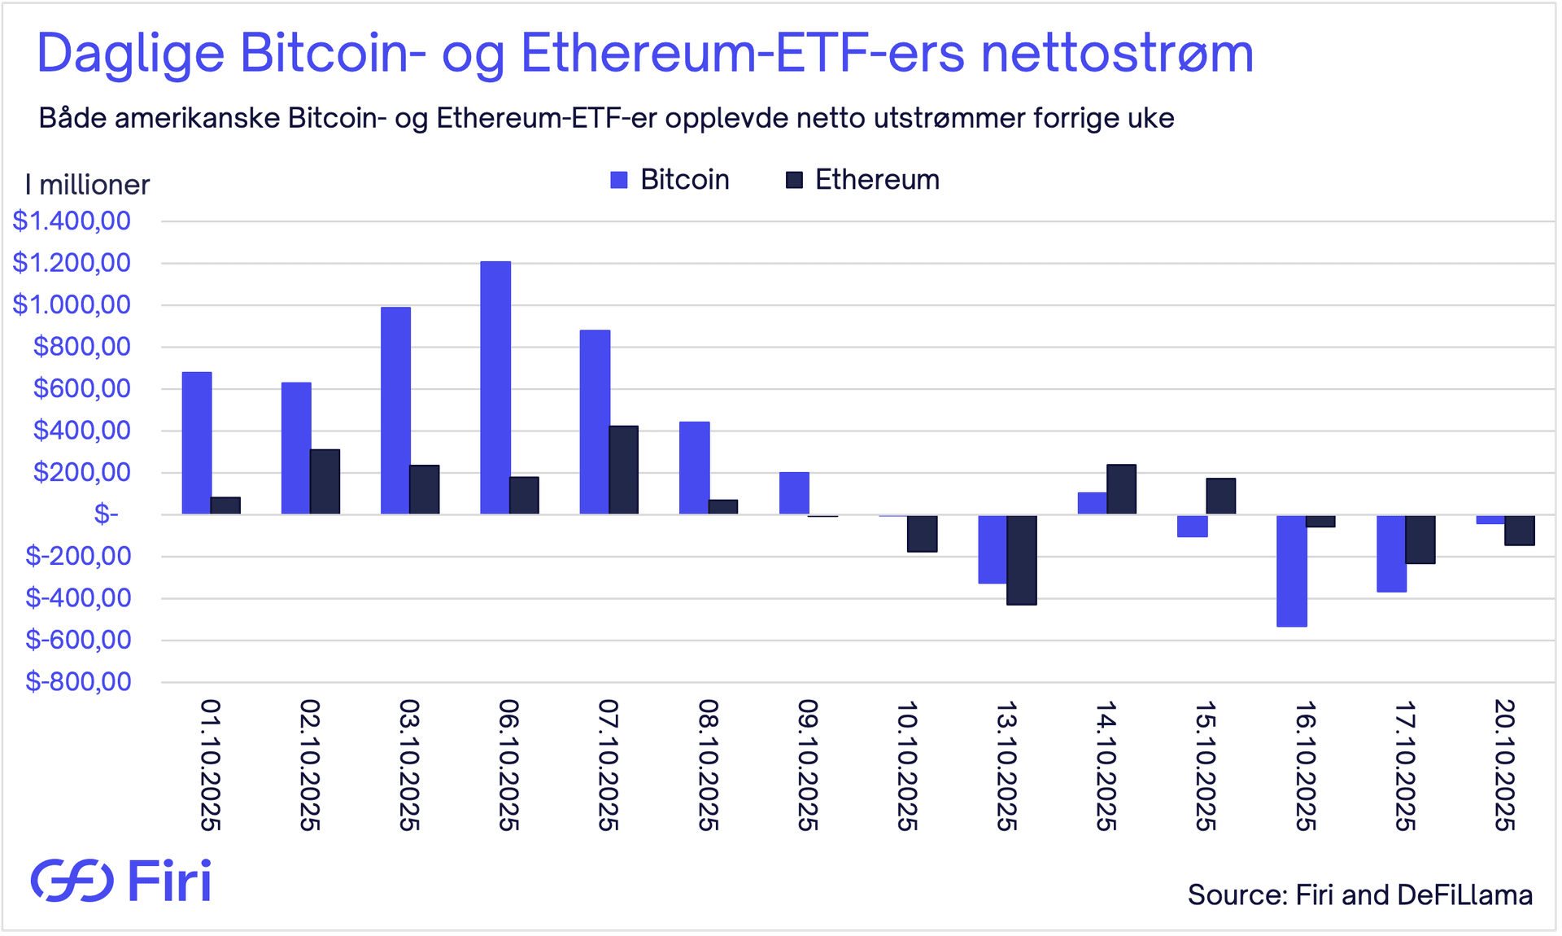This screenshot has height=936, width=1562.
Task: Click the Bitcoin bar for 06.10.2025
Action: point(495,387)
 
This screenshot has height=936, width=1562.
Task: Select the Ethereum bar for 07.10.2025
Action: point(624,470)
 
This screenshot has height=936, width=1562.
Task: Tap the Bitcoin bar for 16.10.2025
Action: point(1291,571)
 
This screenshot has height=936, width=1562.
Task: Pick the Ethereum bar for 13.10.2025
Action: point(1022,560)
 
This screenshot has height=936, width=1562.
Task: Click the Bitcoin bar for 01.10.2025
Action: point(197,443)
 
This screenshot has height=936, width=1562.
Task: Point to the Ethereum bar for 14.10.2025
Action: point(1121,489)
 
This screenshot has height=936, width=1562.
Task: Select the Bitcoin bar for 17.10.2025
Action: point(1391,553)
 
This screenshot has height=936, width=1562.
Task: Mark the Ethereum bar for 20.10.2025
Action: point(1520,530)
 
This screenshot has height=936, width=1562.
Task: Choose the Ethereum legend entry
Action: point(862,180)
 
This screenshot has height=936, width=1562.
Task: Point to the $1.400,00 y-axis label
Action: point(72,221)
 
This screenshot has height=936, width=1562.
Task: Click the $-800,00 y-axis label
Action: point(78,682)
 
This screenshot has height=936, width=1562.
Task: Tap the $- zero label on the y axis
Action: point(106,514)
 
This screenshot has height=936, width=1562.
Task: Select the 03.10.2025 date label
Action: point(409,765)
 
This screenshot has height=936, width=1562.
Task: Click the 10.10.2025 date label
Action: point(907,765)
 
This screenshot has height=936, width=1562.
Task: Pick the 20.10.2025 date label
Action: point(1504,765)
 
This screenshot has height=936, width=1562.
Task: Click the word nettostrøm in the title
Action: point(1117,54)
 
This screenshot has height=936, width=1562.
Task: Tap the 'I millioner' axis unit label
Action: point(87,186)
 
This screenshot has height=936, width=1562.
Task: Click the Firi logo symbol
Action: point(72,881)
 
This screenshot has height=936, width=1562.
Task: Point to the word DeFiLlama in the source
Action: point(1464,895)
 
